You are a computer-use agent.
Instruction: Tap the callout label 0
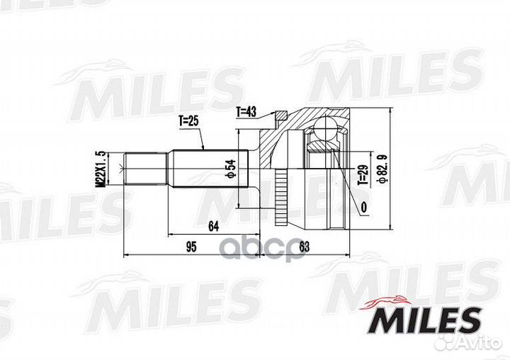pos(363,208)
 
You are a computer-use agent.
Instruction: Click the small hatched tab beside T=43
pos(282,116)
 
